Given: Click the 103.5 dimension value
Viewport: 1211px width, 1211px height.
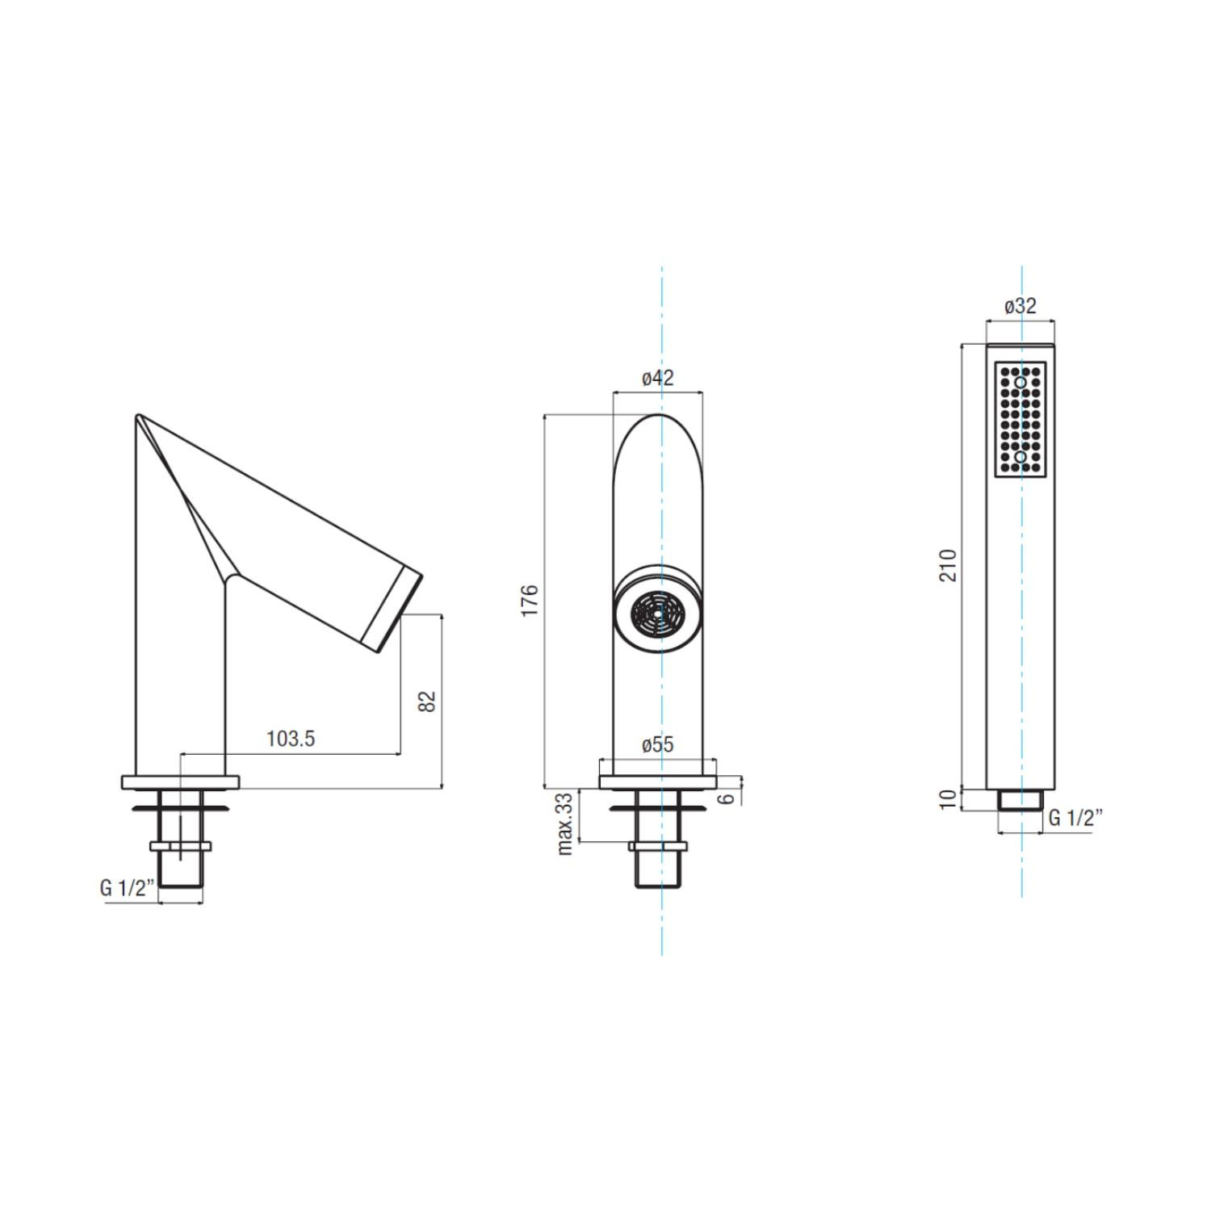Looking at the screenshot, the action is click(x=291, y=739).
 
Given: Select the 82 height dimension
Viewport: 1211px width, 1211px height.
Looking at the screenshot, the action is click(x=428, y=701).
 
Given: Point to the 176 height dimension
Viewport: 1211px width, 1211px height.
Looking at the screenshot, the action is click(x=530, y=601).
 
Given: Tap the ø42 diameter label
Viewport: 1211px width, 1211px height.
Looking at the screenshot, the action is click(x=657, y=377).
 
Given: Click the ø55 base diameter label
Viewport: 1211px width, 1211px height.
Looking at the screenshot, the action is click(x=657, y=744).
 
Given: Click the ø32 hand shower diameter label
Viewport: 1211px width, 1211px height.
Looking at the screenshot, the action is click(x=1020, y=307).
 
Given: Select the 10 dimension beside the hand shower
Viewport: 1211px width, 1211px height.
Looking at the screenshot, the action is click(x=949, y=799).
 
